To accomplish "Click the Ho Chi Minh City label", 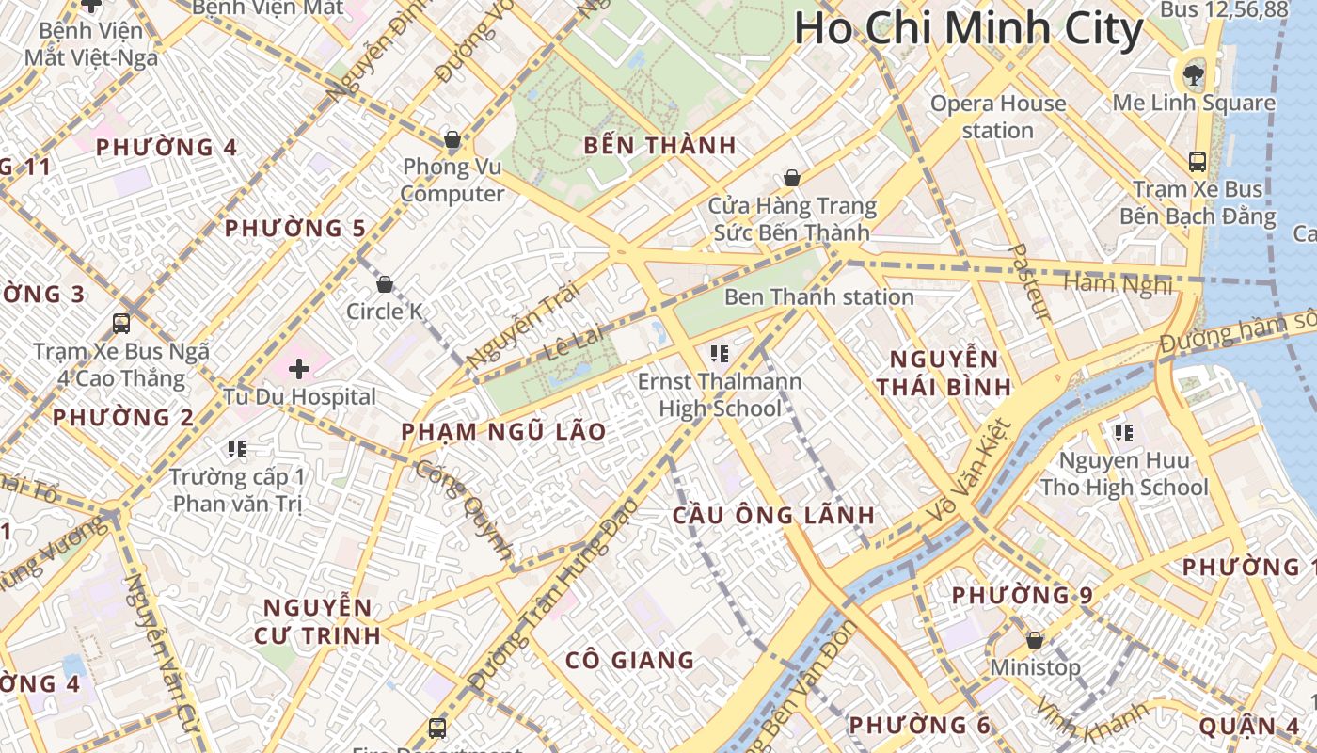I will (968, 28).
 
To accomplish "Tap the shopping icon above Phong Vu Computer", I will (452, 140).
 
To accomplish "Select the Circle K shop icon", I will (384, 284).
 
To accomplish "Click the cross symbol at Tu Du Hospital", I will (299, 369).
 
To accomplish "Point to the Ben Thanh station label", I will (818, 297).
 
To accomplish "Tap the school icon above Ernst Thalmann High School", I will (720, 354).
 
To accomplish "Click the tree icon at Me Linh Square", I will (1193, 72).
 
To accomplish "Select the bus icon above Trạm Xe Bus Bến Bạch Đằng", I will (1197, 162).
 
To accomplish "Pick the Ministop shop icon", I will (1035, 640).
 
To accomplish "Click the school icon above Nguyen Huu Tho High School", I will (1123, 433).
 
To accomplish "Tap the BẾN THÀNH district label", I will (659, 146).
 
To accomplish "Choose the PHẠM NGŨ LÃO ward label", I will (503, 432).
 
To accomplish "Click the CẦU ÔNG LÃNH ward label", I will (773, 516).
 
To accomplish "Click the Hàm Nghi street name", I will (1119, 284).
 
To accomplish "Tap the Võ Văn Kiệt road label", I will (969, 471).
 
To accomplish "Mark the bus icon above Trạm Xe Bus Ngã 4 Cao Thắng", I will (121, 324).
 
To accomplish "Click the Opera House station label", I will (997, 117).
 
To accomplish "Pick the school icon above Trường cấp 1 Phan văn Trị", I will (236, 449).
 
